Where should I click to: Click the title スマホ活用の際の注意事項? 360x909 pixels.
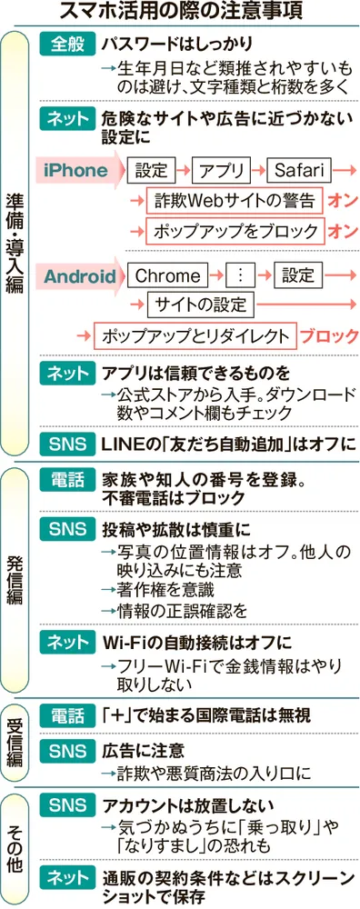point(181,13)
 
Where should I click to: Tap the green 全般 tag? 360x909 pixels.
point(66,44)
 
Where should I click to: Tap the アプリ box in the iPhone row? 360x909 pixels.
point(225,169)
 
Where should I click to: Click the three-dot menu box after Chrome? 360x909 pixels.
point(241,275)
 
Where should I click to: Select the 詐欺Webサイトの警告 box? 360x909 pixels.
point(235,200)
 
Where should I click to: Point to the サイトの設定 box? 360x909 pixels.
point(201,305)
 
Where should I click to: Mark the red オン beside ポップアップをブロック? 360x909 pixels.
point(343,231)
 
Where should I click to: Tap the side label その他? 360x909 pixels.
point(16,841)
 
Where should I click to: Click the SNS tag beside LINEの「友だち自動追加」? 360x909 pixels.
point(66,445)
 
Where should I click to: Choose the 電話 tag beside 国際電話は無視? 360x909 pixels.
point(66,716)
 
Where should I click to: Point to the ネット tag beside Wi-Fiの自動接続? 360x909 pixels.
point(66,643)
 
